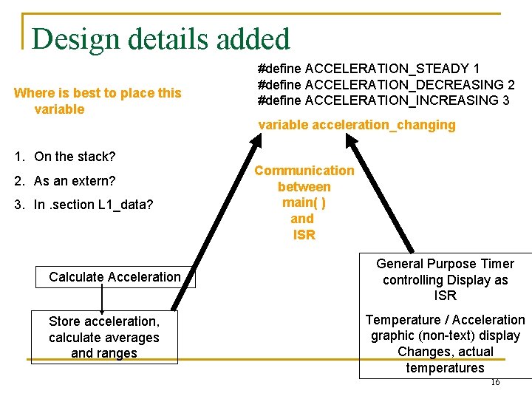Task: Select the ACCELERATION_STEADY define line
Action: click(x=368, y=69)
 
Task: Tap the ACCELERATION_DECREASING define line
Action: click(x=386, y=84)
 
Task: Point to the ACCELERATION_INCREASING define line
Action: click(x=383, y=100)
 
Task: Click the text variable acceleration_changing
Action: click(x=356, y=125)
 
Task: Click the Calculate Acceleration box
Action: click(x=115, y=277)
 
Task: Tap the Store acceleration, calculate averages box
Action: click(x=104, y=337)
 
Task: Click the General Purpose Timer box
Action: click(x=445, y=280)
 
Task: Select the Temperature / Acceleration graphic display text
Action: click(x=445, y=344)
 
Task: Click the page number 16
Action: click(x=494, y=382)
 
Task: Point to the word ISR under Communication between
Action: click(x=304, y=235)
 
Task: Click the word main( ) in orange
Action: click(x=304, y=202)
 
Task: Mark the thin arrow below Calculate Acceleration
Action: click(x=101, y=299)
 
